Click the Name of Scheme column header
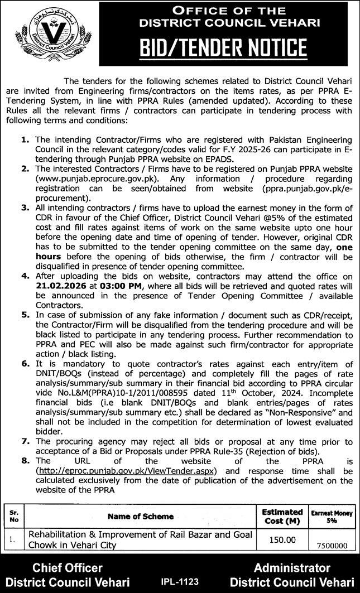pos(140,517)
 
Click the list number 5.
pos(25,314)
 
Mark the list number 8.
pos(25,462)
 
